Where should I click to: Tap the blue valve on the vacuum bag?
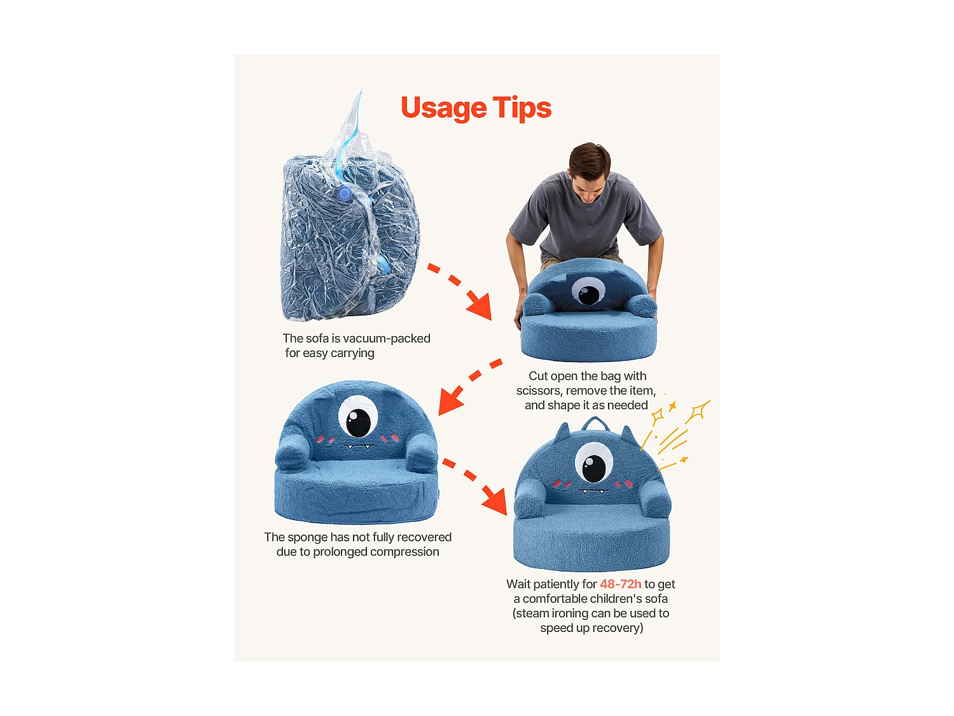point(345,193)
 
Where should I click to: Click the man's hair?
point(590,159)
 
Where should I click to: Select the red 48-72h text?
point(620,584)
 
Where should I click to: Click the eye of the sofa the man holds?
point(588,291)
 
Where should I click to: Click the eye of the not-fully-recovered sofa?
point(357,416)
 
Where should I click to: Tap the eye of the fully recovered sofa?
point(593,463)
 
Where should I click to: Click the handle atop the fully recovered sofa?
point(593,421)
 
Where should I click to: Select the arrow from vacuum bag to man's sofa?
point(460,290)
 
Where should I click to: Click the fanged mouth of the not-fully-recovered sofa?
point(359,447)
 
